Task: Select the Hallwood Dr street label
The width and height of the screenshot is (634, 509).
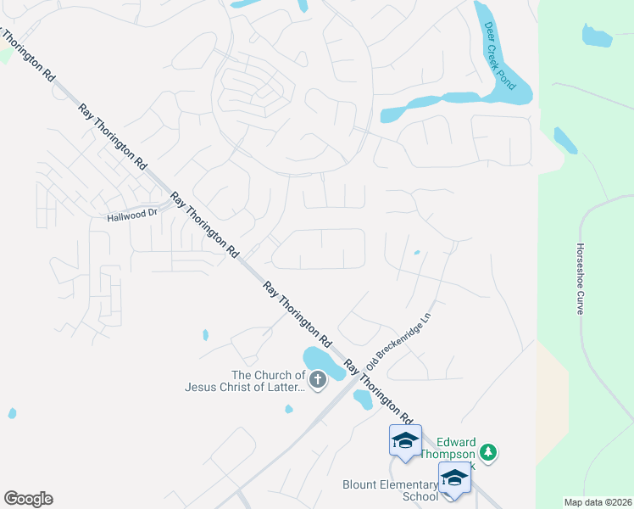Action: (133, 216)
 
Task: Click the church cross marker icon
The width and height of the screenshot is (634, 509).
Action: (318, 380)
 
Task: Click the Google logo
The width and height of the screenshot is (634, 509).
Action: (28, 499)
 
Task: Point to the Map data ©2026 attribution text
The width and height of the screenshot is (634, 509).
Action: (598, 502)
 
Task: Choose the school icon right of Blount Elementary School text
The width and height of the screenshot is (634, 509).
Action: (453, 478)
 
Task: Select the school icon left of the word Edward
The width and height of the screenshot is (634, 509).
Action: (405, 441)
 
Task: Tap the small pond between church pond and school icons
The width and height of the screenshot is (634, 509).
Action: (363, 399)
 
